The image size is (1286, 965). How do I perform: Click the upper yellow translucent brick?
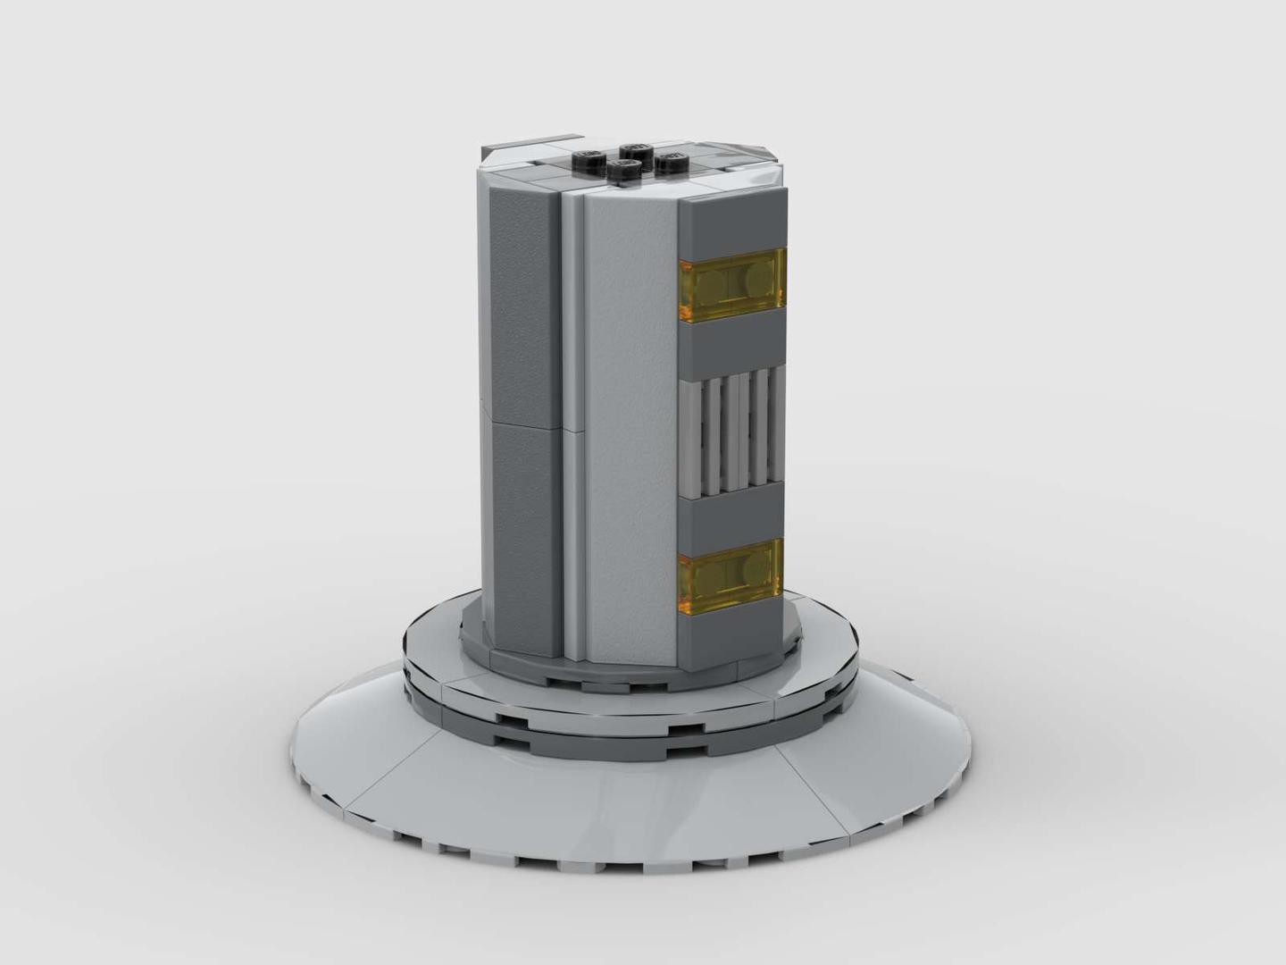(732, 286)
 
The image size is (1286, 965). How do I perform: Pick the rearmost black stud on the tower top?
(636, 149)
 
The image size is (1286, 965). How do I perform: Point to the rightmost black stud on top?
(671, 162)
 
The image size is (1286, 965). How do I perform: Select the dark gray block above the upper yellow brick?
(732, 223)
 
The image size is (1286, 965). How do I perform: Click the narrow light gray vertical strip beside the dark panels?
(572, 420)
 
